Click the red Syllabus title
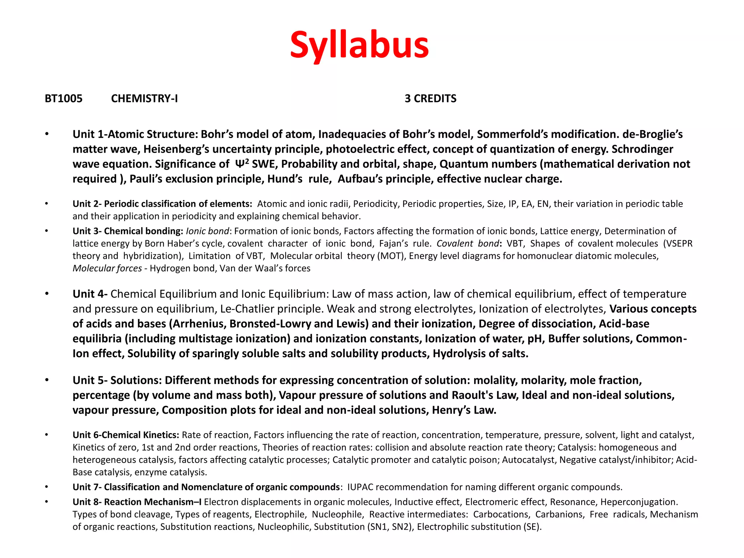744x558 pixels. (359, 45)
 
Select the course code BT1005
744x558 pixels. (64, 98)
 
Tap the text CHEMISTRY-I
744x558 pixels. (144, 98)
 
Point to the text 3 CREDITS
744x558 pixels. (430, 98)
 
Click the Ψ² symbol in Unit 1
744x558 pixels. (242, 163)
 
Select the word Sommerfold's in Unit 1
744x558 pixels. (511, 134)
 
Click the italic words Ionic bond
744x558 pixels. (207, 231)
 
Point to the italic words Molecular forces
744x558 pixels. (107, 268)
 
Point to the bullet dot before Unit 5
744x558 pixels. (46, 380)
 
